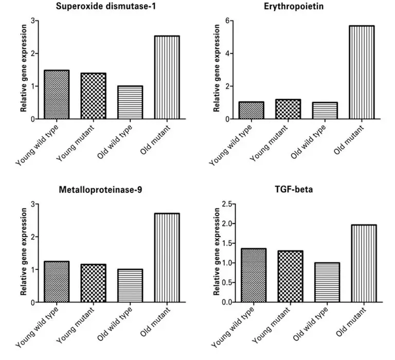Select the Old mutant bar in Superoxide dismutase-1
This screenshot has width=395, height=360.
click(x=166, y=78)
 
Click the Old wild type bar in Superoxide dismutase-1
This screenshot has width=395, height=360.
click(x=130, y=102)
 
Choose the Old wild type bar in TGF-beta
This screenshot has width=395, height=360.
click(x=324, y=282)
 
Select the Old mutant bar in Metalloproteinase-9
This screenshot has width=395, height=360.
click(x=166, y=258)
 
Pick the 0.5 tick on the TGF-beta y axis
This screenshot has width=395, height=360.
click(x=221, y=283)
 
